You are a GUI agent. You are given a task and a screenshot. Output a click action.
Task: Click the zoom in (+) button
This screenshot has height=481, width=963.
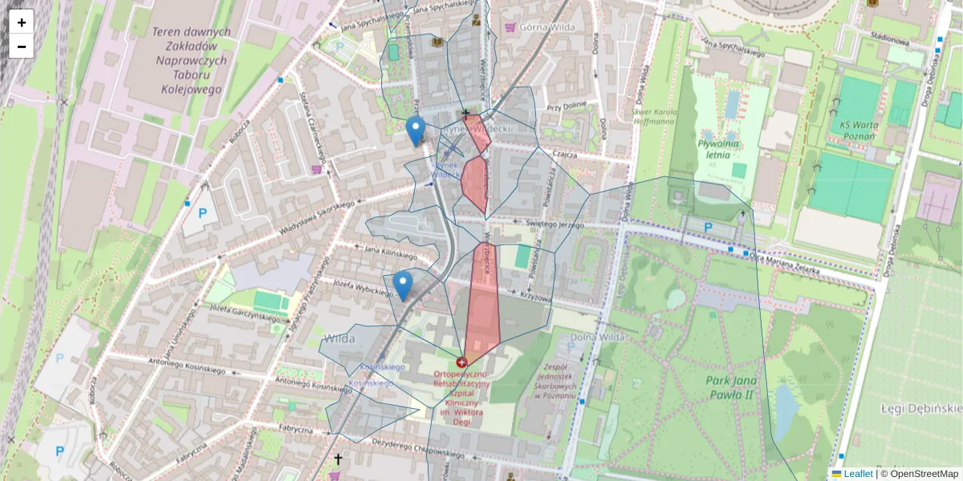click(x=22, y=22)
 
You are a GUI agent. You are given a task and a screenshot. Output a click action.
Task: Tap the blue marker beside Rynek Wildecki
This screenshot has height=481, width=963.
click(x=415, y=131)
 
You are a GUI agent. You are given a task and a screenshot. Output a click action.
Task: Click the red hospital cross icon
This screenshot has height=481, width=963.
click(x=461, y=362)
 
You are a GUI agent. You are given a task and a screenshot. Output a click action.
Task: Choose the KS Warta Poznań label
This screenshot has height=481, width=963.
click(x=868, y=130)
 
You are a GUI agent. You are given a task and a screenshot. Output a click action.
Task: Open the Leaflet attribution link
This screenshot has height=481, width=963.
click(x=858, y=474)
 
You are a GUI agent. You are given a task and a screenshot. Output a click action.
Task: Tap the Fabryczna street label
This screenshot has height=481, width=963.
click(x=295, y=430)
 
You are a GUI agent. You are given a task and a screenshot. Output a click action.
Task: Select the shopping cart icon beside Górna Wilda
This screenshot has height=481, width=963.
click(x=509, y=26)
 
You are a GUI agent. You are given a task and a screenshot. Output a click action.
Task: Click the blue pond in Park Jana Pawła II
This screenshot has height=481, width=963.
click(x=786, y=405)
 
